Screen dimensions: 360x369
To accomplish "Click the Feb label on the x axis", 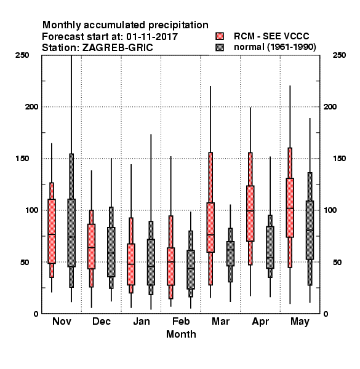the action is coord(181,321).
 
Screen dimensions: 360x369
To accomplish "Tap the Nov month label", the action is coord(62,321).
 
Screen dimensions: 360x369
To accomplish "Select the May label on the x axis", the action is coord(300,322).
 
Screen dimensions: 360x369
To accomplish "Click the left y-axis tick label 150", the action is coord(22,159).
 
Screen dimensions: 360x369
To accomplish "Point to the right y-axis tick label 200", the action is coord(330,106).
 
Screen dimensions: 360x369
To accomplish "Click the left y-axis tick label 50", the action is coord(25,262).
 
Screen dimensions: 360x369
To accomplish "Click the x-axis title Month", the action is coord(181,334).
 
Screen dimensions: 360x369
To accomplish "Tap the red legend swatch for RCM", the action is coord(220,36).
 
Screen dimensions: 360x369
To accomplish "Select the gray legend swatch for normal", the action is coord(220,47).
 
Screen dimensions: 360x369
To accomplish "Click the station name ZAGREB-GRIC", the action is coord(118,48).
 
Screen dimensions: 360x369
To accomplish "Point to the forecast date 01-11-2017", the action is coord(152,37).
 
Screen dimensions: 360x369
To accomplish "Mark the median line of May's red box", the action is coord(290,208).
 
